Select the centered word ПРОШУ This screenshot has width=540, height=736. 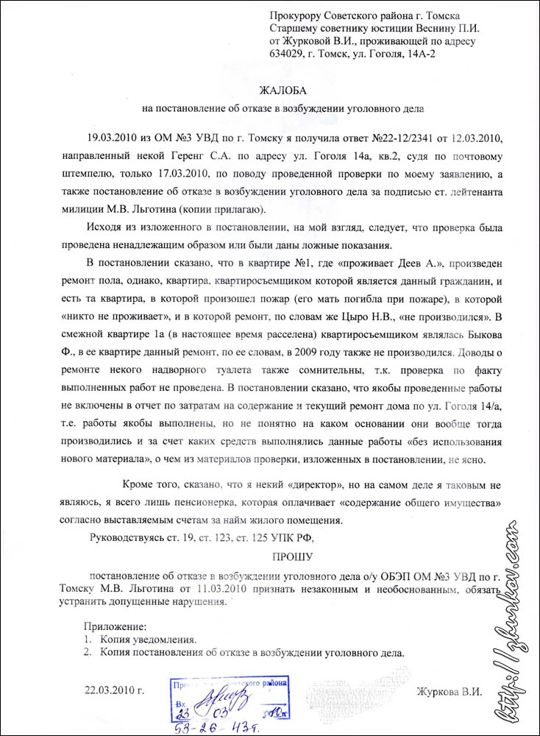point(292,556)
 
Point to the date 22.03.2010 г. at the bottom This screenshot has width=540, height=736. point(115,690)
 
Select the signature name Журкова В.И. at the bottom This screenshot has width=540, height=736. point(449,692)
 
